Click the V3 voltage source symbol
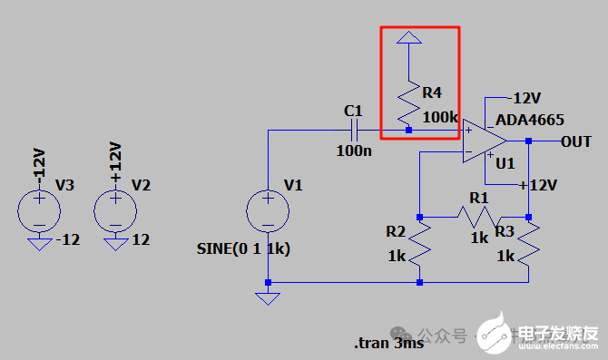(x=40, y=211)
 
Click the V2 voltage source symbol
(x=116, y=211)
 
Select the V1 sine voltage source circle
(x=269, y=211)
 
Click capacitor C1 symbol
(x=351, y=131)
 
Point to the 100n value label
(x=354, y=151)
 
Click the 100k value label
(x=440, y=117)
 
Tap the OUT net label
(x=575, y=141)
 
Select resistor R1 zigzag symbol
(x=476, y=217)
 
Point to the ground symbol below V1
(x=268, y=297)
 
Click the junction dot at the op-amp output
(x=528, y=141)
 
